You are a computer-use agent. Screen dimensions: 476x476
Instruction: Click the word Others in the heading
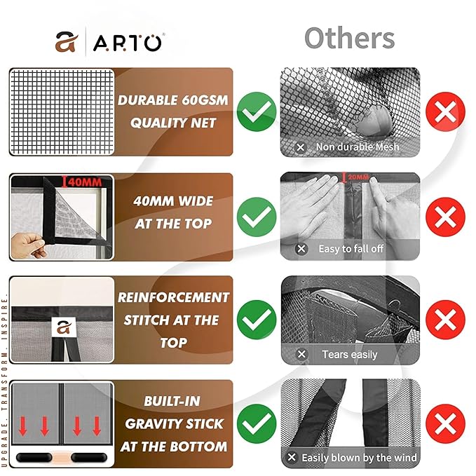tap(350, 38)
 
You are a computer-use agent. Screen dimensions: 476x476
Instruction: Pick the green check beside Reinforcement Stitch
tap(256, 320)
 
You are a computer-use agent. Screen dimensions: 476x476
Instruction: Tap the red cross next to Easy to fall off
tap(445, 216)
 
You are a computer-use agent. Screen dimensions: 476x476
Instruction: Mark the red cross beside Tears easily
tap(445, 320)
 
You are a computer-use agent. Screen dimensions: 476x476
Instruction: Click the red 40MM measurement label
tap(83, 182)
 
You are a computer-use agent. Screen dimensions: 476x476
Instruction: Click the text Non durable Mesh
tap(357, 147)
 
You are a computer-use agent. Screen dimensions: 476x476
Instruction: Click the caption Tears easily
tap(349, 354)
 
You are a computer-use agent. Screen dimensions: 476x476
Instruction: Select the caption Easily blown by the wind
tap(359, 458)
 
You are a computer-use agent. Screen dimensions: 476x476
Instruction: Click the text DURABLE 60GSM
tap(172, 100)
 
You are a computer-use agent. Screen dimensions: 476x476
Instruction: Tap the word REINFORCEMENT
tap(173, 297)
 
